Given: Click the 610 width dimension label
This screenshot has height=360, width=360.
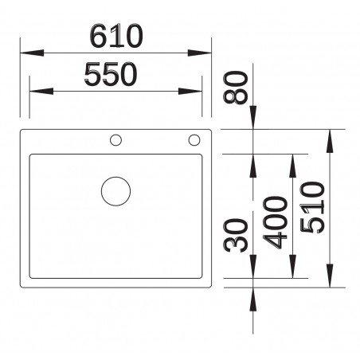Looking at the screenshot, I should (115, 36).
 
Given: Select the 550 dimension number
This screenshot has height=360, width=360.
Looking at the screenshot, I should (111, 75).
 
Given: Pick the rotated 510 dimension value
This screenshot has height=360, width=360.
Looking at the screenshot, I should (312, 206).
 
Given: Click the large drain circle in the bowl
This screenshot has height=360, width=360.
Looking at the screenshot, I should (116, 192).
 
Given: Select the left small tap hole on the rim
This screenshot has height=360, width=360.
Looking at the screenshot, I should (116, 141).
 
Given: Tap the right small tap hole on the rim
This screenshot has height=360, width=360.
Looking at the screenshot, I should (194, 141).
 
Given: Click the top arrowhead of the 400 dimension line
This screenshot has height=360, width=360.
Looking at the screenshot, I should (292, 160).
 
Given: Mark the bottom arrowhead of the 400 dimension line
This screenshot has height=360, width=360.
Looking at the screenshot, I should (292, 272).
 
